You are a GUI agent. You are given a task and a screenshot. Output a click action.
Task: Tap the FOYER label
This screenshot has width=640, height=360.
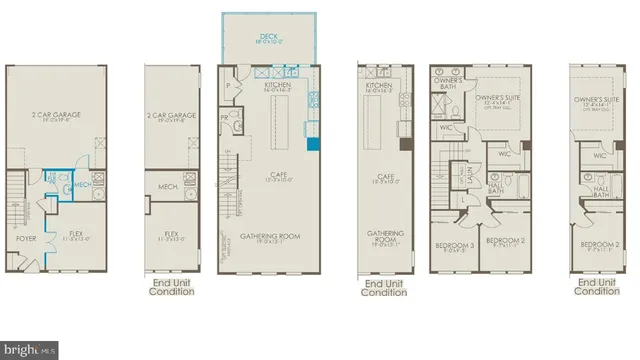26,239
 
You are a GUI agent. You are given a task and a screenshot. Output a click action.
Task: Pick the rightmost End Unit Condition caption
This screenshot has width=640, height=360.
596,288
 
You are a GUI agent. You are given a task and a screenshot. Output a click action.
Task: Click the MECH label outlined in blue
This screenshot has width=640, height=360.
82,185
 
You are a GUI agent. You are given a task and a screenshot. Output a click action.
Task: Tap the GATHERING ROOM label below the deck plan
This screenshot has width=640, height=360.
264,236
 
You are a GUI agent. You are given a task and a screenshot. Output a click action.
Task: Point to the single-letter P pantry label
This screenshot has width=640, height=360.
229,87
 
